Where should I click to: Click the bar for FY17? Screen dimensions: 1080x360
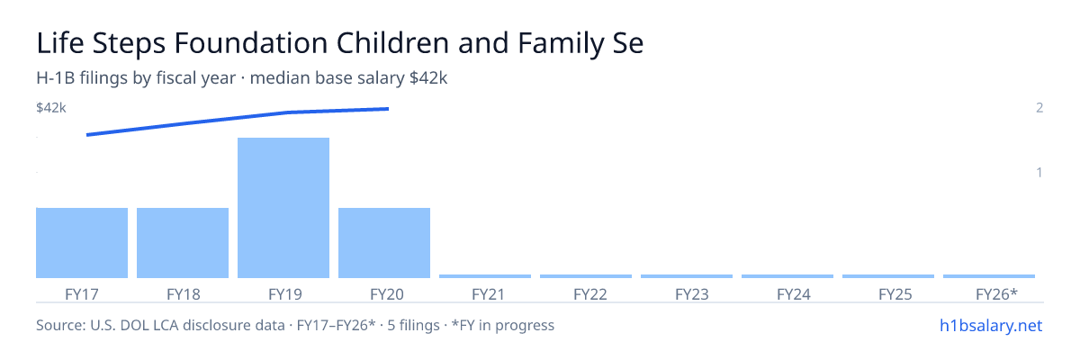pyautogui.click(x=82, y=243)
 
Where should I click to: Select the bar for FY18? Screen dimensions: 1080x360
pyautogui.click(x=183, y=243)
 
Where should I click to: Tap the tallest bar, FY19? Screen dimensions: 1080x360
pyautogui.click(x=283, y=208)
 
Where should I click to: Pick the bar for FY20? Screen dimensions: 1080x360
pyautogui.click(x=384, y=243)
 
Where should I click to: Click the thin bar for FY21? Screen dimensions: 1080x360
pyautogui.click(x=485, y=276)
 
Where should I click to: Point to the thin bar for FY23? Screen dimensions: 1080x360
pyautogui.click(x=687, y=276)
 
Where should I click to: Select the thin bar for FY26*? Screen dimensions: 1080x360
pyautogui.click(x=989, y=276)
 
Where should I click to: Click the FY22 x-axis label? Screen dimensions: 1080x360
pyautogui.click(x=590, y=294)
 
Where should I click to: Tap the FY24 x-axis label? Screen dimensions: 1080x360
pyautogui.click(x=794, y=294)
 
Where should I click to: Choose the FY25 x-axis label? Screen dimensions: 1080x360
pyautogui.click(x=895, y=294)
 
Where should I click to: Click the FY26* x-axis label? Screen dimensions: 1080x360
pyautogui.click(x=996, y=294)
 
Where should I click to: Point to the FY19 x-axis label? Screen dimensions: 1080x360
pyautogui.click(x=285, y=294)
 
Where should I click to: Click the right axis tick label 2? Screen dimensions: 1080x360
pyautogui.click(x=1039, y=107)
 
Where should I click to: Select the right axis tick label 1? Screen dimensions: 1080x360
pyautogui.click(x=1039, y=172)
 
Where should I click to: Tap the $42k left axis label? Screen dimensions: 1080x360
pyautogui.click(x=51, y=107)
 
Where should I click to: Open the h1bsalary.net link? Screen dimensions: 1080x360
pyautogui.click(x=991, y=325)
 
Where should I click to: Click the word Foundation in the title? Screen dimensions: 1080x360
pyautogui.click(x=251, y=43)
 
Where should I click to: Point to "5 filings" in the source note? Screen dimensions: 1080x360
pyautogui.click(x=414, y=325)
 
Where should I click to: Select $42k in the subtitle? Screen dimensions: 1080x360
pyautogui.click(x=428, y=78)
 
